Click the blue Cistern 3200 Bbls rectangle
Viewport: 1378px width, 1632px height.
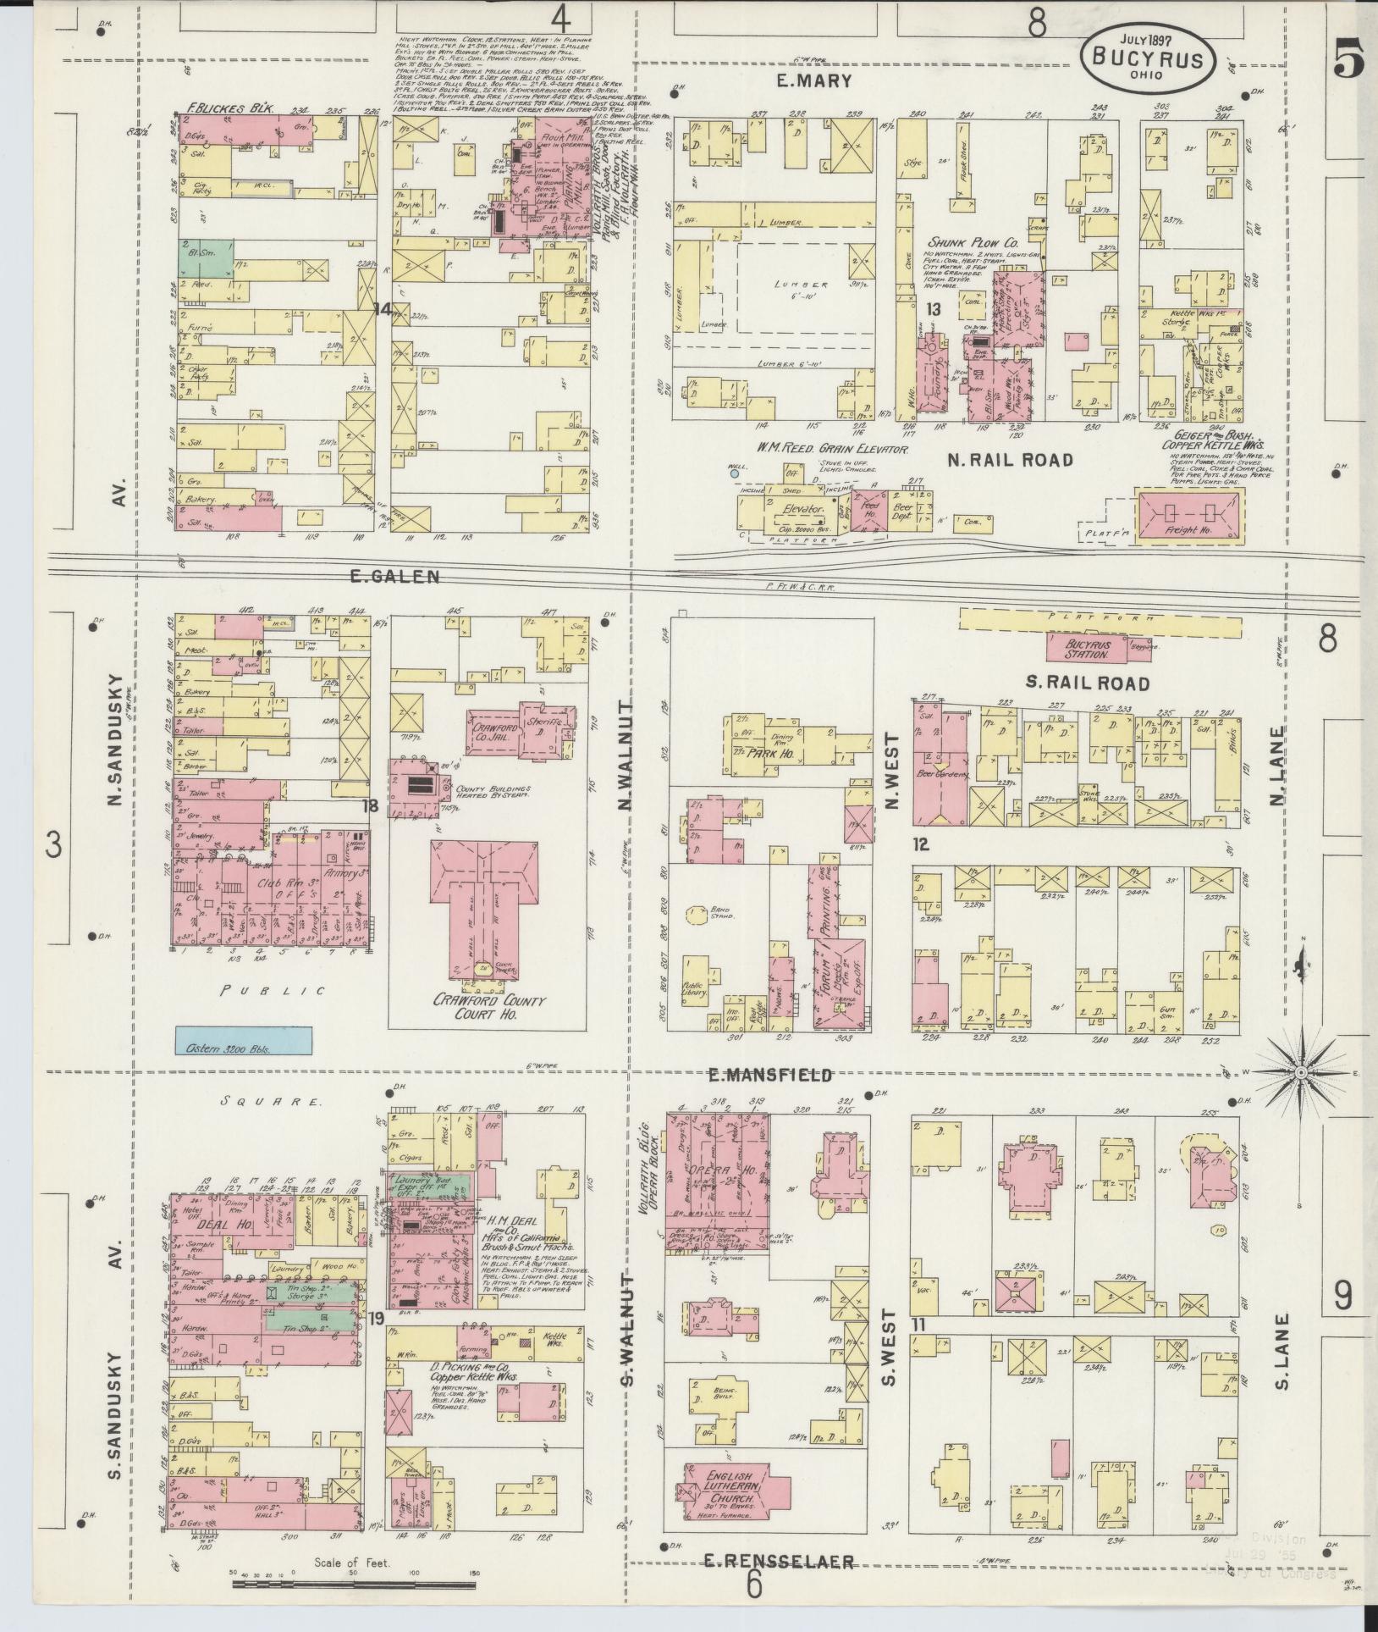[243, 1040]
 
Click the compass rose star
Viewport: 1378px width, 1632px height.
[1300, 1074]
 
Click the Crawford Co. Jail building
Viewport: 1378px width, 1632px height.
[499, 726]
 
